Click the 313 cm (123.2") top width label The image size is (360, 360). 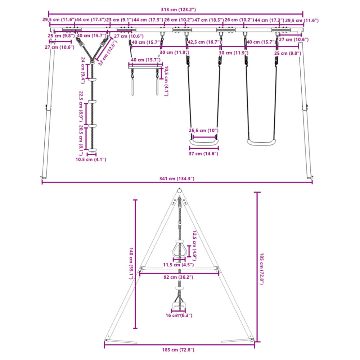tap(178, 10)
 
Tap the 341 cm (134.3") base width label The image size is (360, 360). tap(177, 179)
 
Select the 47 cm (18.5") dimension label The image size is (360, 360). tap(209, 20)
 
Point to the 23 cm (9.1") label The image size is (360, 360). tap(120, 20)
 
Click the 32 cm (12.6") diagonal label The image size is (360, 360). tap(107, 53)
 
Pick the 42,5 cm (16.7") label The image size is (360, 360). tap(204, 42)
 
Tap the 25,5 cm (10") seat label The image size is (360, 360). tap(203, 130)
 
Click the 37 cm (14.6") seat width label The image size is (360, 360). tap(203, 154)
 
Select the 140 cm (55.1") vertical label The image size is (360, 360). tap(131, 264)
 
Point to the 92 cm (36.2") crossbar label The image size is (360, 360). tap(178, 277)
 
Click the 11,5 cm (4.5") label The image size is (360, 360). tap(179, 265)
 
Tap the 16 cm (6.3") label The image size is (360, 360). tap(179, 315)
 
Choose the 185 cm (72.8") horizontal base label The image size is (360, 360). tap(178, 350)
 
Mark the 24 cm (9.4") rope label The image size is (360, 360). tap(83, 71)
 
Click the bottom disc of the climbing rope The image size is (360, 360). tap(92, 150)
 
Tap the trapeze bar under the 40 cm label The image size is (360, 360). tap(145, 67)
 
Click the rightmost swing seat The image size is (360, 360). tap(261, 143)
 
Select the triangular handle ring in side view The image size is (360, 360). tap(179, 249)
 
